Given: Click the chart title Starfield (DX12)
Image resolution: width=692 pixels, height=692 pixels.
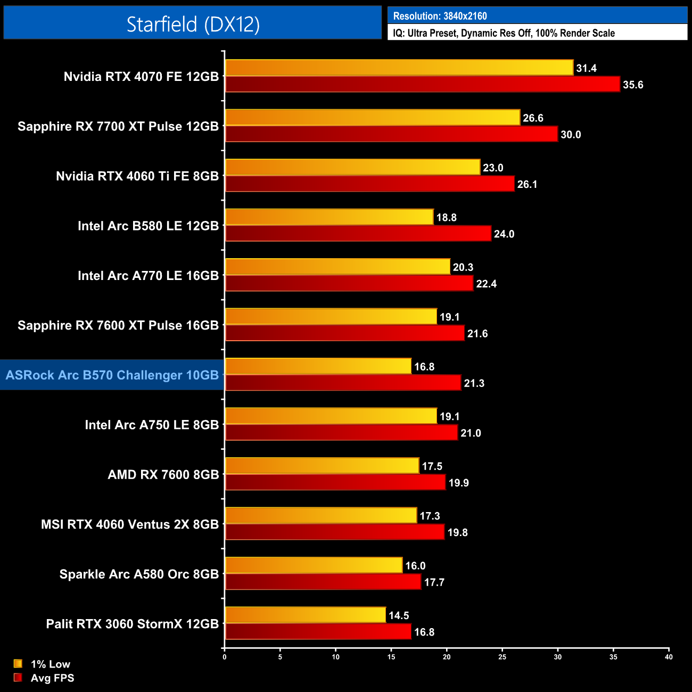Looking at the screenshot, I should [x=193, y=24].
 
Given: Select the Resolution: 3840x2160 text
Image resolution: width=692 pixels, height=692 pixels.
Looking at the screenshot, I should [x=440, y=16].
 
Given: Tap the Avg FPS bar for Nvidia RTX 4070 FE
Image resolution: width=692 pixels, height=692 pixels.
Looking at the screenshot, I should [x=422, y=84].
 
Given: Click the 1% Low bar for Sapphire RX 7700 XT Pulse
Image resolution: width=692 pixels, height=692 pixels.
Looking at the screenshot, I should [x=372, y=118].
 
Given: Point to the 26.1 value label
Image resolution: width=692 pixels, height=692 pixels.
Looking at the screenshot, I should [x=527, y=184].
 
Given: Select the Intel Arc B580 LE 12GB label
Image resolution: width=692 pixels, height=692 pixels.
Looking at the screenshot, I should [x=148, y=226].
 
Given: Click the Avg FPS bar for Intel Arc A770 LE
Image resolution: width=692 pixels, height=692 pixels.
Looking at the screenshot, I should [x=349, y=283].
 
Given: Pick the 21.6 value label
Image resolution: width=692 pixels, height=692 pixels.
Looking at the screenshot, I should [x=477, y=333].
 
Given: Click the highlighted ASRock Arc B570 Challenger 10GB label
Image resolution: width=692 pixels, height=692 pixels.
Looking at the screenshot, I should [x=112, y=375].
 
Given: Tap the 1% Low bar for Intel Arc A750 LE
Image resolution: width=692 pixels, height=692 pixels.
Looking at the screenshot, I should [x=331, y=416].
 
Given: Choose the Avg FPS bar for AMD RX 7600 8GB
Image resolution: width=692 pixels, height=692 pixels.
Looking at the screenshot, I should [x=335, y=482].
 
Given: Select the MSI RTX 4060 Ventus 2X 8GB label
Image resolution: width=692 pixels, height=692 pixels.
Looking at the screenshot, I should [x=130, y=524].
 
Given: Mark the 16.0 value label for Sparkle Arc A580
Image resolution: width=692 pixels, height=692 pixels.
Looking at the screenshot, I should [x=415, y=566].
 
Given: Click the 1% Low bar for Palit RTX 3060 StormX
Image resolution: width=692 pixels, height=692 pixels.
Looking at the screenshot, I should [x=305, y=615].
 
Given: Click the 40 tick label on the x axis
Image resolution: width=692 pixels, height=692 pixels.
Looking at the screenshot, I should [x=669, y=657].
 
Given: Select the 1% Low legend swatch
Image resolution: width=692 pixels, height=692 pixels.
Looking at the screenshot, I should [x=18, y=664].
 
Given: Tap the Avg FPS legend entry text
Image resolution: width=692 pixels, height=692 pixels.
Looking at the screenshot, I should [x=52, y=678].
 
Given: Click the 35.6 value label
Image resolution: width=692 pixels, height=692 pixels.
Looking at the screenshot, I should [x=633, y=85].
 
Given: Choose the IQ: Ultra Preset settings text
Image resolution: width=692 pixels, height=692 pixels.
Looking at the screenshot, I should [x=504, y=33].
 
